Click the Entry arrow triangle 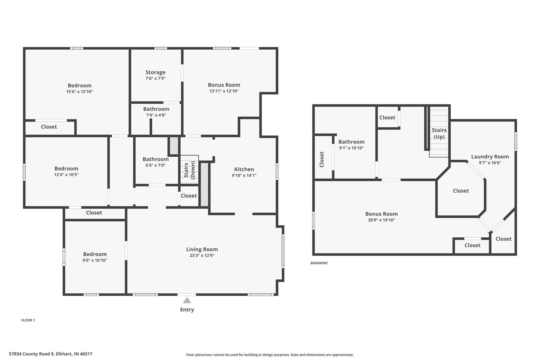pos(187,300)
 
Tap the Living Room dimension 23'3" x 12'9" pos(202,256)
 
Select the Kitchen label pos(244,169)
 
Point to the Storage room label pos(156,72)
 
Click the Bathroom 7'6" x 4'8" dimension pos(156,115)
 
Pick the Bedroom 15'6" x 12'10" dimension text pos(79,92)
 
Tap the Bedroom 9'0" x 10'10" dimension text pos(95,260)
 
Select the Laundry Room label pos(490,157)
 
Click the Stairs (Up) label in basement pos(439,133)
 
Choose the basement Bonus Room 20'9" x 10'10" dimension pos(381,220)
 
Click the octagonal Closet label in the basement pos(461,191)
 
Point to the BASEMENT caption pos(319,263)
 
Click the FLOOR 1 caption pos(28,320)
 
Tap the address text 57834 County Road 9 pos(50,354)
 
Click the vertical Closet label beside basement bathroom pos(321,159)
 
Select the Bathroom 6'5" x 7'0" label pos(156,159)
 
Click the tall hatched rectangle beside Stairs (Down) pos(204,184)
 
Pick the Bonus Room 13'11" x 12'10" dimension pos(224,91)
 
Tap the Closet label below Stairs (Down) pos(189,196)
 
